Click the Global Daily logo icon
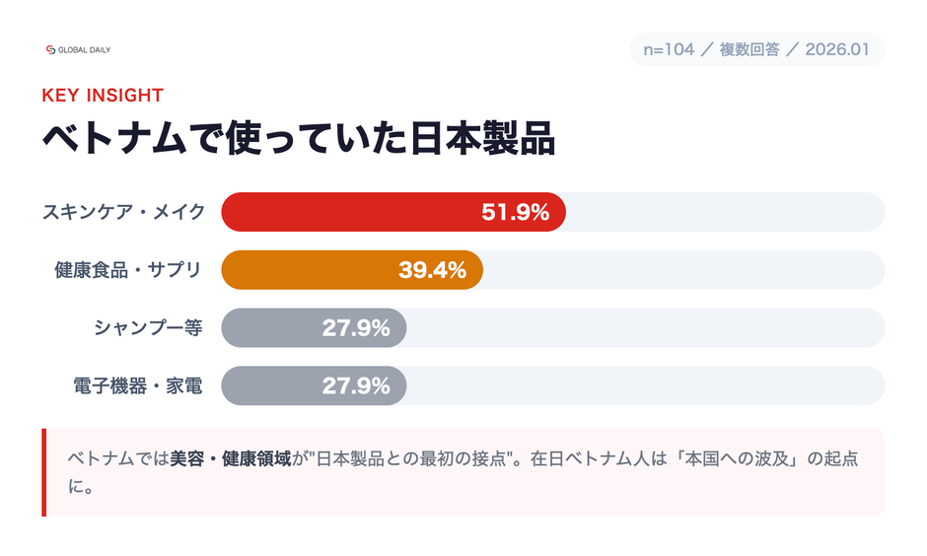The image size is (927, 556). (x=51, y=49)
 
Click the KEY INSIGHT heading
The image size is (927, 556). (x=103, y=96)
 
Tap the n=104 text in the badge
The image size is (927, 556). (x=669, y=49)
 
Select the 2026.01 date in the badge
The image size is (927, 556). (x=837, y=49)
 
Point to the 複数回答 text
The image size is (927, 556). (x=749, y=49)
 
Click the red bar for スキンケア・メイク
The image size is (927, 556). (x=345, y=212)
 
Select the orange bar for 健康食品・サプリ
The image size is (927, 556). (x=306, y=270)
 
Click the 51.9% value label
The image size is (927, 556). (x=515, y=212)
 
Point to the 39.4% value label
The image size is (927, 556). (x=432, y=270)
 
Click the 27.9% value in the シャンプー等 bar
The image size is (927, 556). (x=356, y=328)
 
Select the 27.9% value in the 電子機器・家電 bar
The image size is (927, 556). (x=356, y=385)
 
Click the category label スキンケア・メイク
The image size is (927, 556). (x=123, y=212)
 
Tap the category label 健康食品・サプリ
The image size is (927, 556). (x=128, y=270)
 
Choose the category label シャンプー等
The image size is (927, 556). (x=148, y=328)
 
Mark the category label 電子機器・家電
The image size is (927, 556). (x=138, y=385)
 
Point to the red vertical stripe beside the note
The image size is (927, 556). (x=44, y=472)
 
